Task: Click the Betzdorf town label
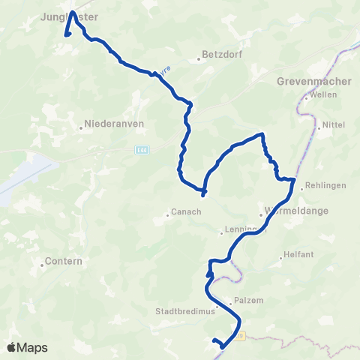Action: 219,56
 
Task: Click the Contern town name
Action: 64,261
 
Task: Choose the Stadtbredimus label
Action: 185,313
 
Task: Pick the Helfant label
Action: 298,255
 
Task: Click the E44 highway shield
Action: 142,149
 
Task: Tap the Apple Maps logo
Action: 27,347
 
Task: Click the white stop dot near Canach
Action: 203,198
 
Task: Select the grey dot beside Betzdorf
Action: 200,57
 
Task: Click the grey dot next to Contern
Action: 40,262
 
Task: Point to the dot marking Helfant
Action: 280,256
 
